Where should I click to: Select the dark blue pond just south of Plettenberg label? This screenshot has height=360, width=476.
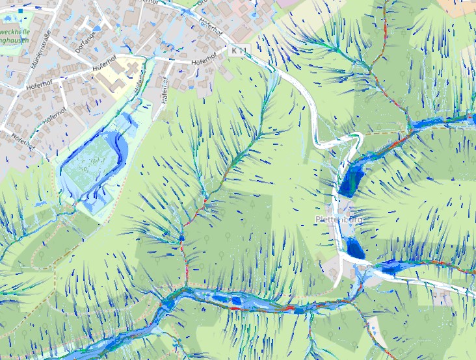354,247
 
